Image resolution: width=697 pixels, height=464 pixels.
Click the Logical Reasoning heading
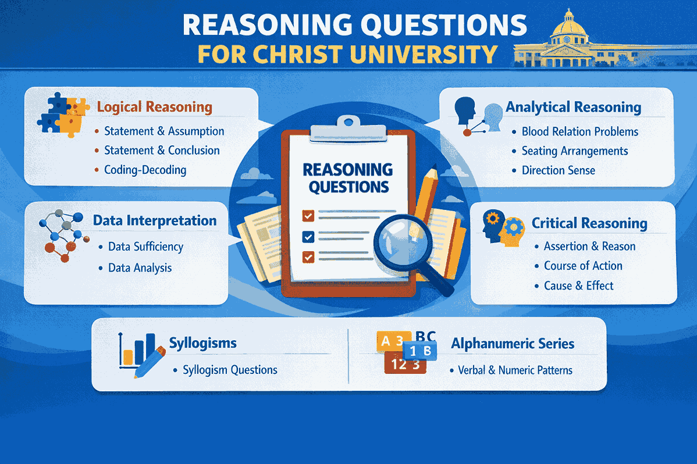point(154,107)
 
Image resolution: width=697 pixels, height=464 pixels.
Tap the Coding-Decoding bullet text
point(145,170)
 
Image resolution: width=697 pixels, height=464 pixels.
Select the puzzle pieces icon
point(63,116)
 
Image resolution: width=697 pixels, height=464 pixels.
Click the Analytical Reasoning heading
point(573,107)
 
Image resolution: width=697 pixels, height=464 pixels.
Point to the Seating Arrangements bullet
point(574,151)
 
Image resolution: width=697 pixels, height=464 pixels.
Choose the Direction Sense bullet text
point(558,170)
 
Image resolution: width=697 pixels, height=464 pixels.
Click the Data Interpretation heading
point(155,221)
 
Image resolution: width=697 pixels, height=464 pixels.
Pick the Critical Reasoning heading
point(589,223)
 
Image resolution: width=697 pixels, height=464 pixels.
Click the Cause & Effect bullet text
point(578,285)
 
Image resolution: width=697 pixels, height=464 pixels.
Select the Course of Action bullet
point(583,266)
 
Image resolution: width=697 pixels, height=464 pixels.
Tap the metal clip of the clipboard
point(347,129)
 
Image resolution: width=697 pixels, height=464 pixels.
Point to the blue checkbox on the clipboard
point(308,236)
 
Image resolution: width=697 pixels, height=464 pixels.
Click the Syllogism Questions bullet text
point(230,370)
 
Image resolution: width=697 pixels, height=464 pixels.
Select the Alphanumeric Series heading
point(513,344)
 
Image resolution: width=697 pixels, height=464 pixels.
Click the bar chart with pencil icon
point(140,352)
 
